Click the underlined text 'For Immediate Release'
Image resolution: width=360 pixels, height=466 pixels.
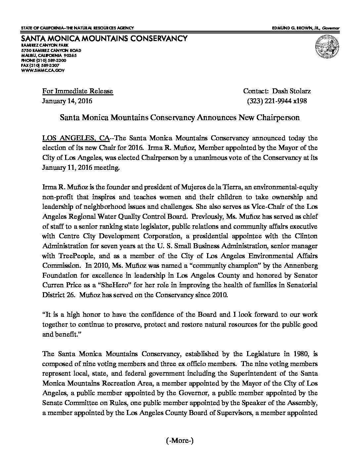[x=77, y=91]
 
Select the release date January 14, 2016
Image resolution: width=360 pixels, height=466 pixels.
[x=67, y=101]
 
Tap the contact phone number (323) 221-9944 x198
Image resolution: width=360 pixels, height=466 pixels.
[x=277, y=101]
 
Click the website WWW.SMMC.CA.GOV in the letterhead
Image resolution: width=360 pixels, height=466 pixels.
[x=43, y=70]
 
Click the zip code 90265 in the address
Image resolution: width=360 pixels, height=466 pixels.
[x=70, y=55]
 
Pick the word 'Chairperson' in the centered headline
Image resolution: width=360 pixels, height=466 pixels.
[x=281, y=117]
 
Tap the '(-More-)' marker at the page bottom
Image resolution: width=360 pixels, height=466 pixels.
[x=179, y=441]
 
